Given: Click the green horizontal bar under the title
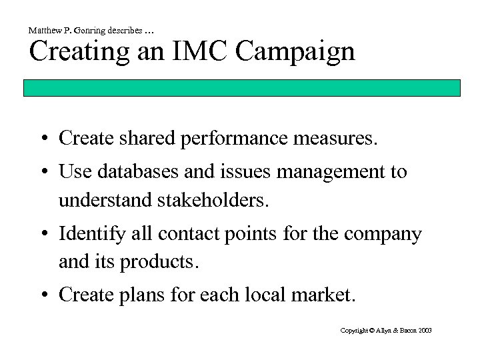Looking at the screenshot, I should point(253,89).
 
